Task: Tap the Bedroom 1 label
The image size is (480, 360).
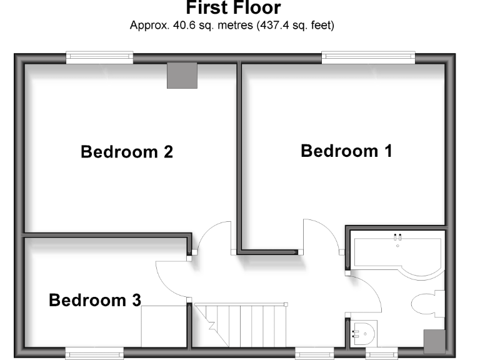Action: [346, 151]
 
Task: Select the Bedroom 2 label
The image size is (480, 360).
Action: [127, 152]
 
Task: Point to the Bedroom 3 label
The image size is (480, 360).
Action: [95, 301]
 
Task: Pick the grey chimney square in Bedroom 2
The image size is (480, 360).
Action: [182, 76]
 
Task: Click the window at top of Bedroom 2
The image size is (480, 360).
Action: [100, 57]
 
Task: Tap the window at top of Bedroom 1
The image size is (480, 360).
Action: [369, 57]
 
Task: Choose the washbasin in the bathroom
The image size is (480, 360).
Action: [362, 333]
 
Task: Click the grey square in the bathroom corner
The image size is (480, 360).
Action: [434, 341]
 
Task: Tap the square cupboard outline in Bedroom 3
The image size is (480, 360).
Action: [164, 324]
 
